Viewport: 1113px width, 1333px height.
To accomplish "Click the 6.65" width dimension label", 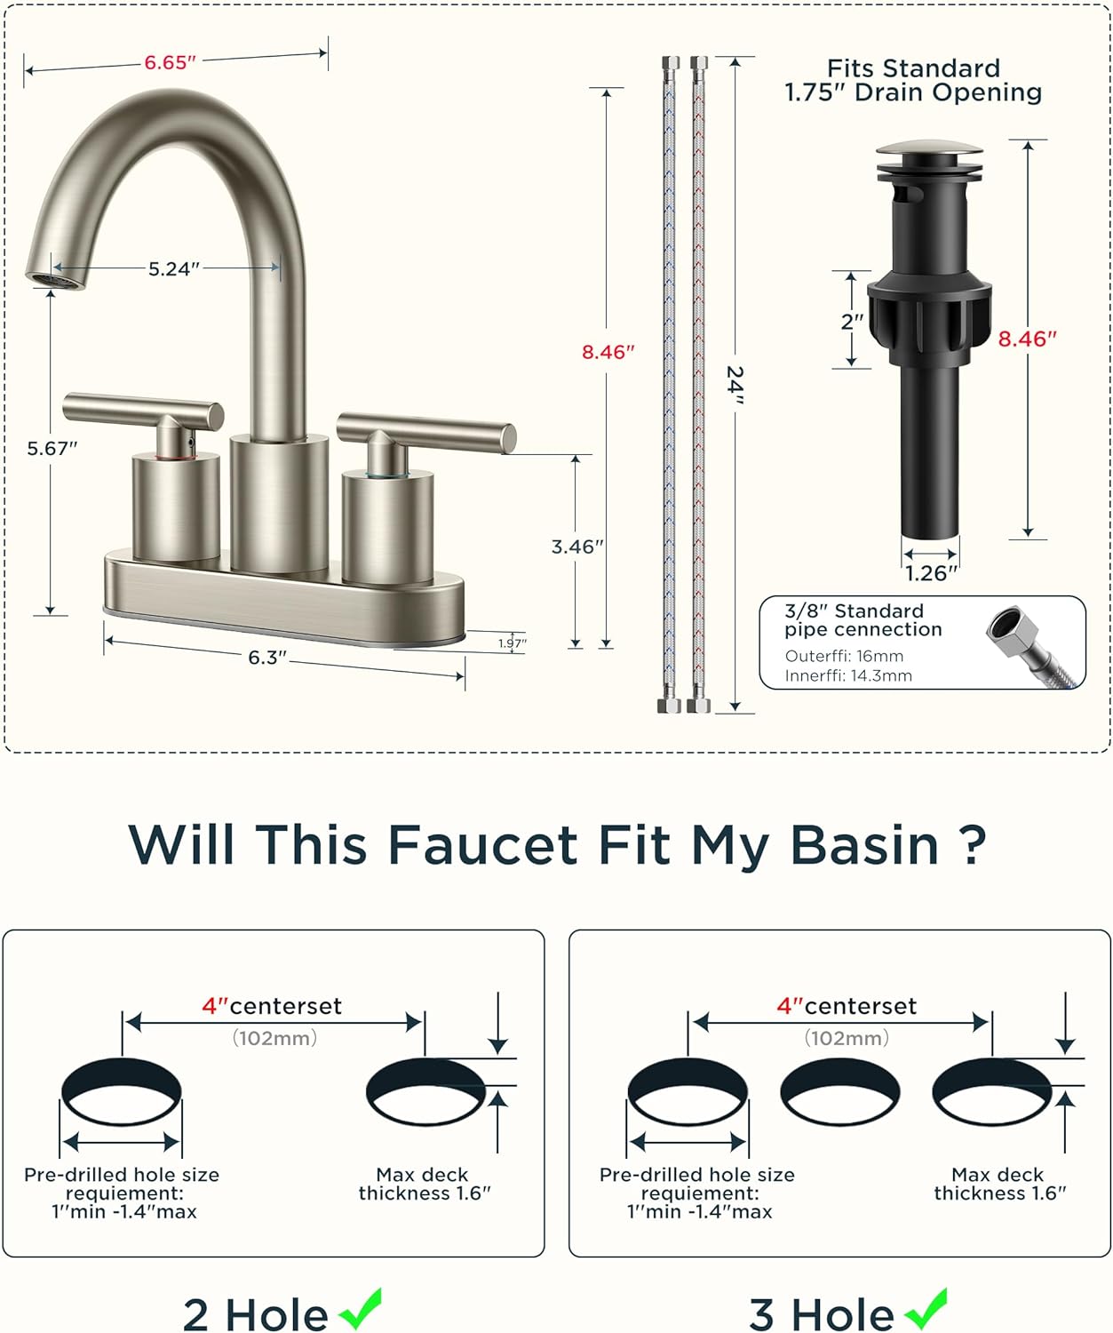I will (x=170, y=62).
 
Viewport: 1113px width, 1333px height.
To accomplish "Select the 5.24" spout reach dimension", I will (x=173, y=268).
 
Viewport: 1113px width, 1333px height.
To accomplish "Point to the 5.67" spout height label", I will (x=52, y=449).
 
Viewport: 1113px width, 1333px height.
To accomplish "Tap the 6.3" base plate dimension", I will (x=266, y=658).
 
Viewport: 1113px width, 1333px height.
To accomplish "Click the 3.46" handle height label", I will (x=577, y=547).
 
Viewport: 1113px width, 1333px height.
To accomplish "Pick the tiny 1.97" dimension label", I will (x=513, y=643).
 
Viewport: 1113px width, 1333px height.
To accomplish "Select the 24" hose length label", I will (x=735, y=385).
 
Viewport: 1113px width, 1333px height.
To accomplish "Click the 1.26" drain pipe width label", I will (x=931, y=574).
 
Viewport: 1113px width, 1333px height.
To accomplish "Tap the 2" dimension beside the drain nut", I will (x=851, y=322).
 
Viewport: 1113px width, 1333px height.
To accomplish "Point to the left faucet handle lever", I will (x=142, y=410).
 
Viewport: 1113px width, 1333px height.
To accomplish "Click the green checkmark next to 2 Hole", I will (x=361, y=1309).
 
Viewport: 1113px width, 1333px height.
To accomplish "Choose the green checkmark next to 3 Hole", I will (x=926, y=1309).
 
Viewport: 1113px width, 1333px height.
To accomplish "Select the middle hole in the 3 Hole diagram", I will (x=840, y=1091).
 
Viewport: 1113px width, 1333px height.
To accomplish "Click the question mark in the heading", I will (x=974, y=845).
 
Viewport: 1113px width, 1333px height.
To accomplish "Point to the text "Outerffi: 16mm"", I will (x=844, y=657).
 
